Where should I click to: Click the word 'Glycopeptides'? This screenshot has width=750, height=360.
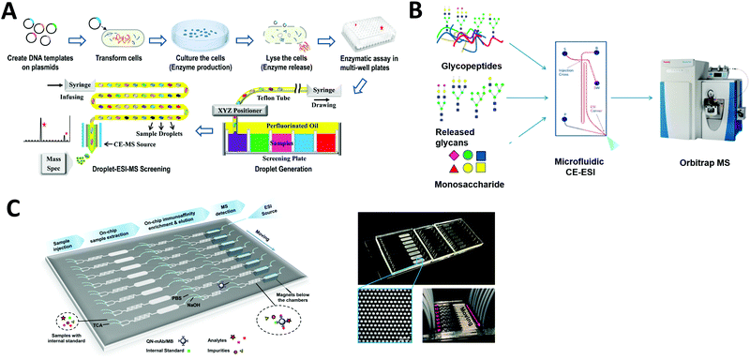tap(472, 67)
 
